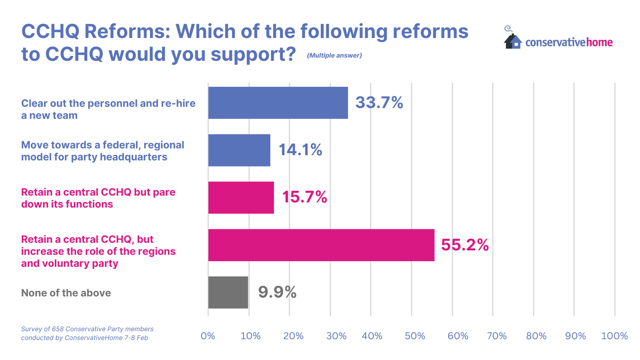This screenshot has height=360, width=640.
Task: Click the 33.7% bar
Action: [x=278, y=103]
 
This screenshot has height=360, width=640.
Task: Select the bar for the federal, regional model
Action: [x=239, y=150]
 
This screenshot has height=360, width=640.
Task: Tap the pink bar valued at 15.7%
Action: [x=241, y=198]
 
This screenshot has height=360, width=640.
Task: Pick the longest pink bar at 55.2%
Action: [x=321, y=245]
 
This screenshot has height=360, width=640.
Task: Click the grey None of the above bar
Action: [x=228, y=292]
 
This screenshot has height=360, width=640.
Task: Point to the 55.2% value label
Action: [x=465, y=245]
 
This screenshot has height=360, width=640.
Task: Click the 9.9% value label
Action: [x=277, y=292]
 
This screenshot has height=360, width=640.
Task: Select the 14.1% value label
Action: [x=300, y=150]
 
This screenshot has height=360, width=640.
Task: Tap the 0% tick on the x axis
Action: [x=208, y=336]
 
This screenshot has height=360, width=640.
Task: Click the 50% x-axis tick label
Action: [x=415, y=336]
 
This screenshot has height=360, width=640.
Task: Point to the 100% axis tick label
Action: [x=614, y=336]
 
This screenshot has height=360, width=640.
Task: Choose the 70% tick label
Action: [x=497, y=336]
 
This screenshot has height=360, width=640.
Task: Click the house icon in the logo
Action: [x=513, y=41]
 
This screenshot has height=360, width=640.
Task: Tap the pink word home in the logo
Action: [x=599, y=42]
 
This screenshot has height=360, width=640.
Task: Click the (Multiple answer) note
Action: [x=334, y=56]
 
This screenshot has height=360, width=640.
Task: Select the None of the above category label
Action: [x=66, y=293]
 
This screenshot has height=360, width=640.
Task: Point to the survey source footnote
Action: [x=87, y=333]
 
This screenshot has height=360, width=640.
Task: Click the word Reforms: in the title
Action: [x=128, y=31]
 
